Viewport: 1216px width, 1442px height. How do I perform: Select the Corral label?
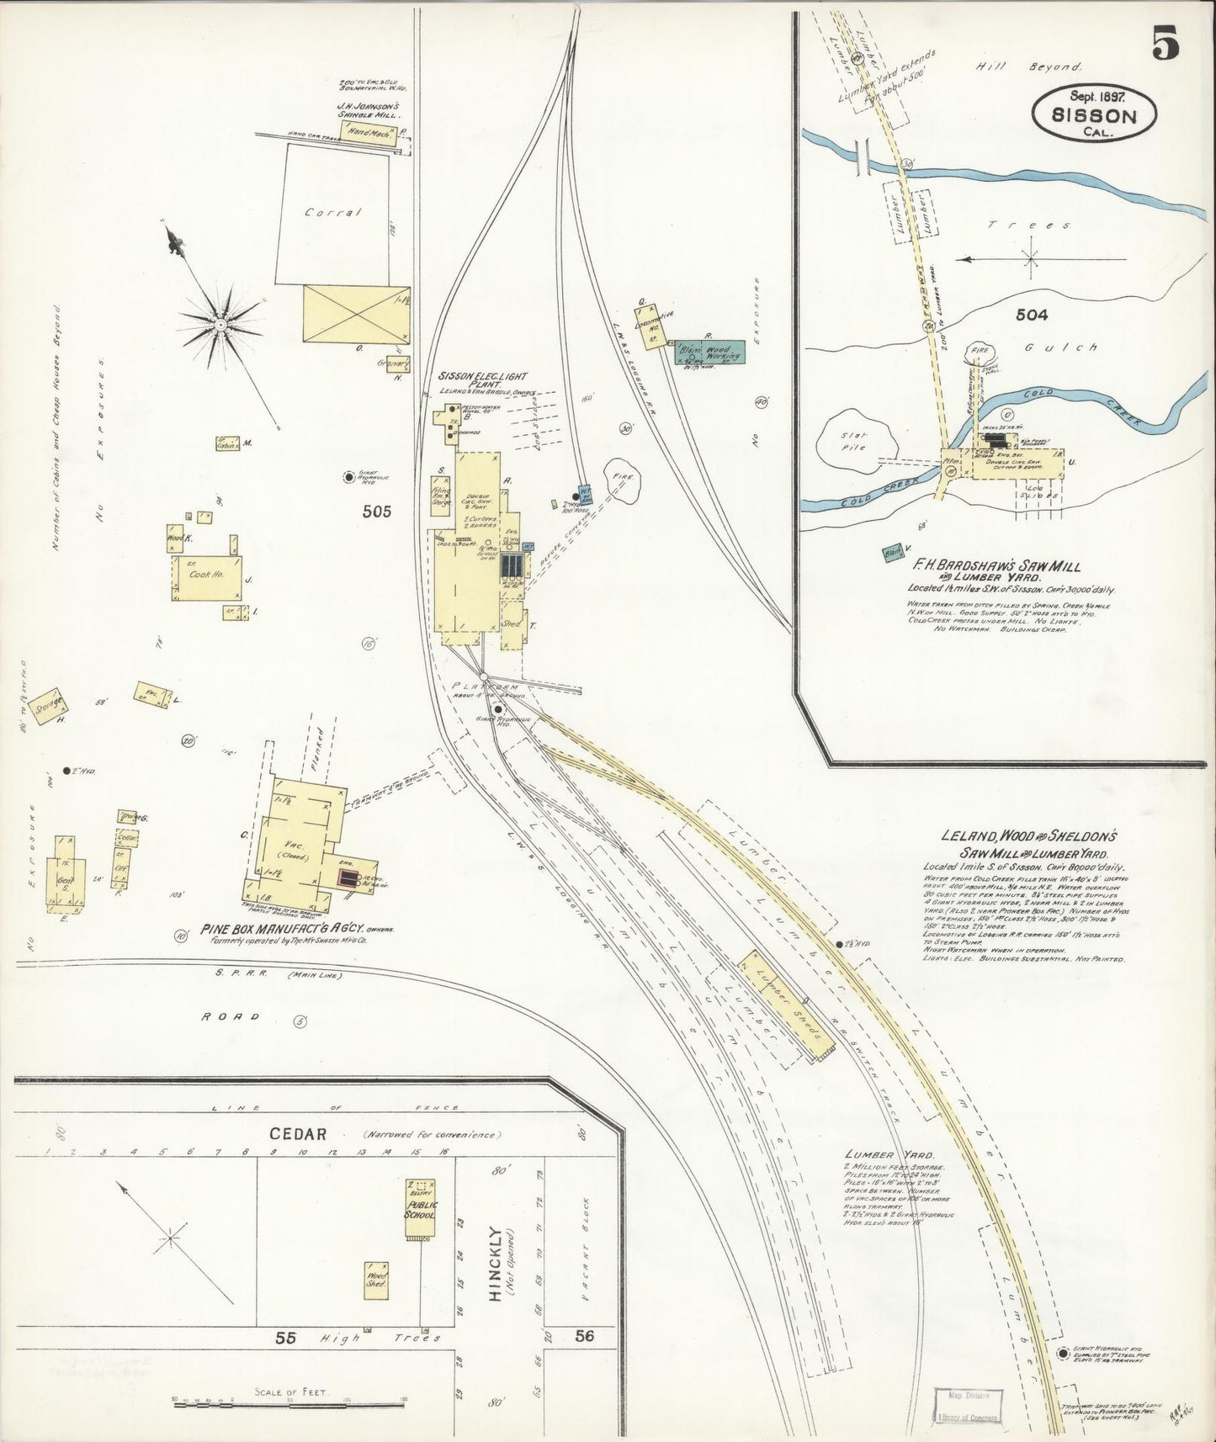[x=333, y=213]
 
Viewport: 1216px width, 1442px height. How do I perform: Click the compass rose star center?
[x=220, y=322]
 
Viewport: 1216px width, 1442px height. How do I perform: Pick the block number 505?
[x=376, y=511]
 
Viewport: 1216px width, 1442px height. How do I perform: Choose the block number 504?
[x=1031, y=315]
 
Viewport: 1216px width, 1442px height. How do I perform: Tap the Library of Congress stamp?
[x=964, y=1404]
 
